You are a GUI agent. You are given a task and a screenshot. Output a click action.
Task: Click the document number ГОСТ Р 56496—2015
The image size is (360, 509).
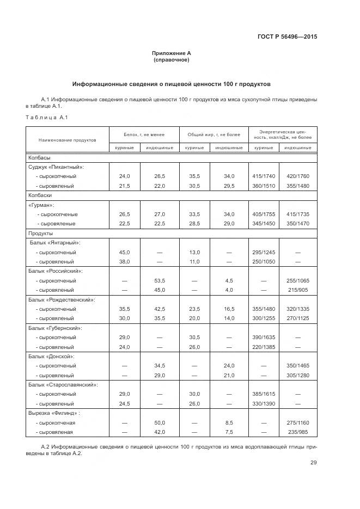pyautogui.click(x=287, y=36)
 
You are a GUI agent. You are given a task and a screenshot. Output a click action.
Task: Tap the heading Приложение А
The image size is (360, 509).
pyautogui.click(x=172, y=53)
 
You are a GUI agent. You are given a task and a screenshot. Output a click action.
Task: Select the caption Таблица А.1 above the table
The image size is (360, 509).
pyautogui.click(x=46, y=118)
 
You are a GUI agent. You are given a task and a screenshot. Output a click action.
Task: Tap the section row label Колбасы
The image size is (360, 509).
pyautogui.click(x=39, y=157)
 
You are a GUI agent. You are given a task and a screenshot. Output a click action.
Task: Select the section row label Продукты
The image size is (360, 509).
pyautogui.click(x=40, y=233)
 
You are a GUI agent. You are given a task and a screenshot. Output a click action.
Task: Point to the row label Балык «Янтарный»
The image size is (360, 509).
pyautogui.click(x=55, y=243)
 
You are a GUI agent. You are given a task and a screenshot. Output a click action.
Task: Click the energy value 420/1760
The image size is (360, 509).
pyautogui.click(x=297, y=176)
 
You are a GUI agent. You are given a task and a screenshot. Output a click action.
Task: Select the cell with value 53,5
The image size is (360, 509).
pyautogui.click(x=160, y=280)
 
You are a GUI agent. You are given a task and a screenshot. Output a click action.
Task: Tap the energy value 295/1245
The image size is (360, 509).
pyautogui.click(x=263, y=252)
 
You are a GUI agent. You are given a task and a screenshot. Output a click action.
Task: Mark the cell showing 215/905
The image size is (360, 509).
pyautogui.click(x=297, y=290)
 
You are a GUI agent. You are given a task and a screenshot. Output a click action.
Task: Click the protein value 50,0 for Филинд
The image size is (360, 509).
pyautogui.click(x=160, y=422)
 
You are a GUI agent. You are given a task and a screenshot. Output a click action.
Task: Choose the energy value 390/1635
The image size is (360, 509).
pyautogui.click(x=263, y=337)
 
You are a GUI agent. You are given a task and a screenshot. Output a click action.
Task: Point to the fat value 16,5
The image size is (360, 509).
pyautogui.click(x=229, y=309)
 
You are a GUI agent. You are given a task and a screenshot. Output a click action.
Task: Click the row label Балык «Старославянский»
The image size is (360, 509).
pyautogui.click(x=63, y=384)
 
